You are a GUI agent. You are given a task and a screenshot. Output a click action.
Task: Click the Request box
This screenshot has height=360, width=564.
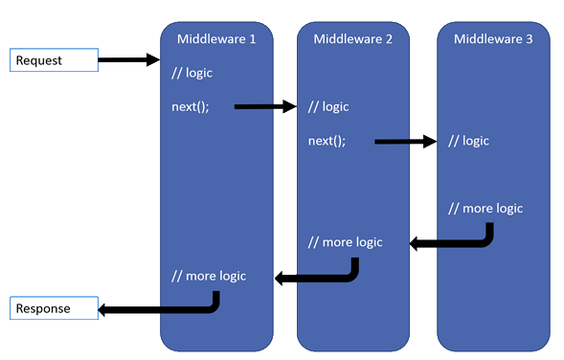click(x=55, y=60)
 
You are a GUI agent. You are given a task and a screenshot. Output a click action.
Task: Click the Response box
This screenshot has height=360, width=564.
click(x=55, y=309)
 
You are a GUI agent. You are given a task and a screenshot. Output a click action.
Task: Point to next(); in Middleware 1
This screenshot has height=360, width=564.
click(x=191, y=107)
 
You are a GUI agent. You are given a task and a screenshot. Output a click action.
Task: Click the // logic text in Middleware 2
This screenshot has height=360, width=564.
click(x=328, y=107)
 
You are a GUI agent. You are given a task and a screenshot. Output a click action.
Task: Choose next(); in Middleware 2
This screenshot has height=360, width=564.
click(x=327, y=141)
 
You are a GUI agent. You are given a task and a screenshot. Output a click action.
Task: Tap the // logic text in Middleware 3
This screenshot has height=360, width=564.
click(x=469, y=141)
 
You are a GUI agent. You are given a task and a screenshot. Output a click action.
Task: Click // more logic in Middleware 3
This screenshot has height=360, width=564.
click(x=486, y=209)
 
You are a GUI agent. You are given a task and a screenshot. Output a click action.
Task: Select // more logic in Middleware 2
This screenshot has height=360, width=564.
click(x=345, y=242)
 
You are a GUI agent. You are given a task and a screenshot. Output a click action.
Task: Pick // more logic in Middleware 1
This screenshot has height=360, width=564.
click(x=208, y=276)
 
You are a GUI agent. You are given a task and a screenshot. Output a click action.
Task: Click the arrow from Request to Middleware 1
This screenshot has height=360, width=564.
click(x=128, y=60)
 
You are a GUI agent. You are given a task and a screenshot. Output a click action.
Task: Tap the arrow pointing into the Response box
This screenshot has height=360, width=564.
click(x=158, y=310)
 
